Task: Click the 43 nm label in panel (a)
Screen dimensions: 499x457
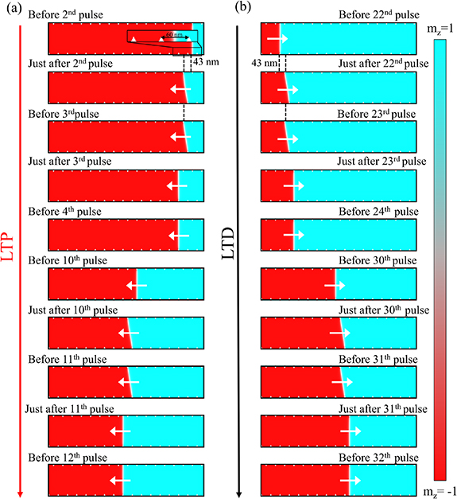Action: coord(207,62)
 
